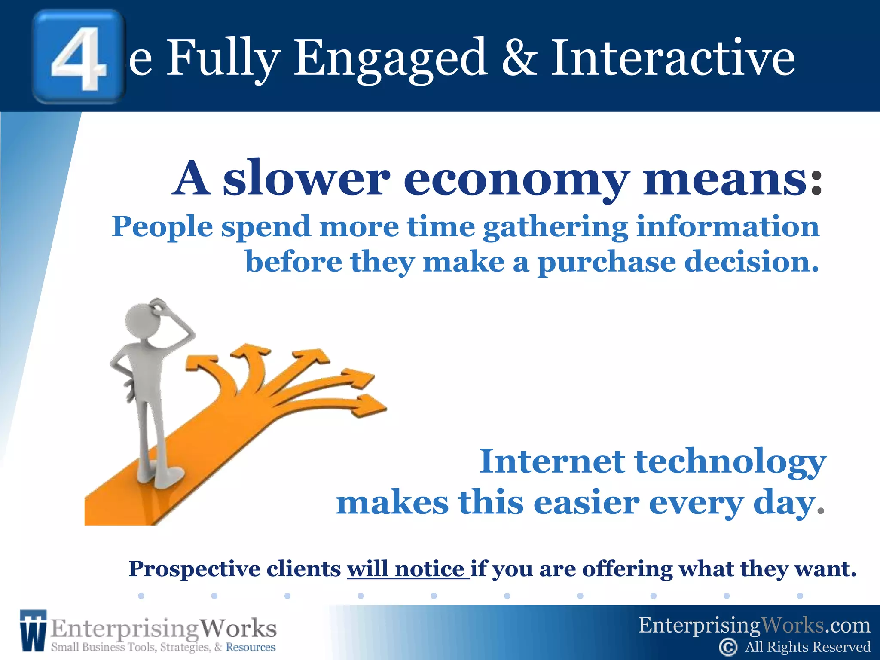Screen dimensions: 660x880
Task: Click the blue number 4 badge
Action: [x=79, y=57]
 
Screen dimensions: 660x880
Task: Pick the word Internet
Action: [x=552, y=461]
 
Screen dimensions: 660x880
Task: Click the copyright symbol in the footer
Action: [x=728, y=647]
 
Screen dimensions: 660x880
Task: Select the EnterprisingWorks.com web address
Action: [x=754, y=625]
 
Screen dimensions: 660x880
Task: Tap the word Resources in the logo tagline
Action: [x=251, y=647]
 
